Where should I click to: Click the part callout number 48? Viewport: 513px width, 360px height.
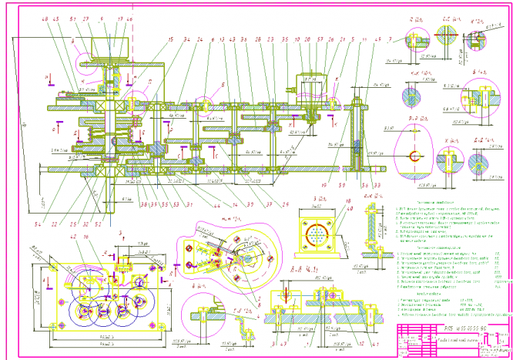click(45, 19)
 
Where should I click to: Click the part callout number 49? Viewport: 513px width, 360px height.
click(377, 39)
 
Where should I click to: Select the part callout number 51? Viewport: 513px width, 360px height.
click(72, 19)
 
